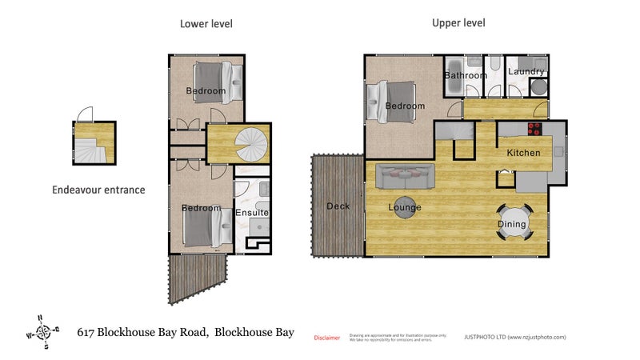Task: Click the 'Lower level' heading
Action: (x=206, y=24)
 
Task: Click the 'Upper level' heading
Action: (x=458, y=23)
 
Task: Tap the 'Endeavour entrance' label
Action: (x=98, y=190)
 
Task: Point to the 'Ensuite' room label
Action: (x=252, y=213)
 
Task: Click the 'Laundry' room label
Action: (x=526, y=72)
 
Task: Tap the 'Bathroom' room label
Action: (x=466, y=76)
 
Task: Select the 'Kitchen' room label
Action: (x=523, y=153)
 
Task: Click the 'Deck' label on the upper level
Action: (x=338, y=206)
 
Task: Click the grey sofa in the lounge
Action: (x=405, y=174)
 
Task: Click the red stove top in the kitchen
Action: (x=534, y=129)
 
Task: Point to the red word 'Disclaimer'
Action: (x=326, y=338)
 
